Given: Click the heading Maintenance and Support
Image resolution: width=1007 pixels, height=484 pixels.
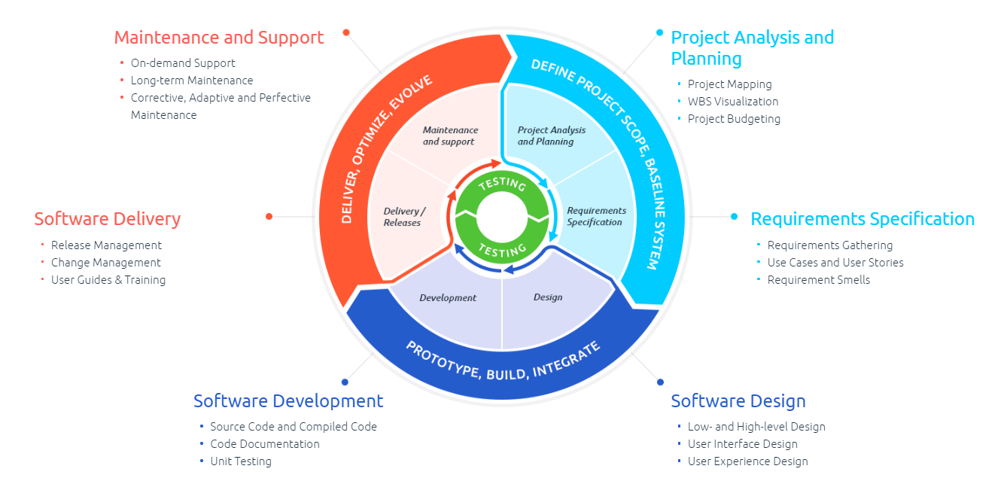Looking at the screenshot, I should point(218,38).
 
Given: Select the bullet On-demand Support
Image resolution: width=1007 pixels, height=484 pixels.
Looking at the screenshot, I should point(183,63).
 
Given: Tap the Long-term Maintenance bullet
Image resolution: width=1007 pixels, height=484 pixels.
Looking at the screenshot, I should point(192,81).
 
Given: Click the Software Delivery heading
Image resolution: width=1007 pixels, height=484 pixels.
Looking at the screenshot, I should point(108,219).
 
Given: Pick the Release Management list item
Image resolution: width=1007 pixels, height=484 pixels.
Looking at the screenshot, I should point(106,245).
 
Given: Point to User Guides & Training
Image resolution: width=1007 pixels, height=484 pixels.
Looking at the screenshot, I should point(108,280).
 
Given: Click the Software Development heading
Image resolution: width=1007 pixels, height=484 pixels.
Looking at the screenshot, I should point(288,401).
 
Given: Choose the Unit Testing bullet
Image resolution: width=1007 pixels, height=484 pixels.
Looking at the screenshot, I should point(241,461).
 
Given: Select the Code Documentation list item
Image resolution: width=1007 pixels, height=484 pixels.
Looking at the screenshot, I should point(265,444).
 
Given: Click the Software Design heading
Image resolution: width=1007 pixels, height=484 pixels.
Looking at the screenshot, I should point(738,401).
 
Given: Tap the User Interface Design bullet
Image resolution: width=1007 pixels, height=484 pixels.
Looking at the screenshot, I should point(743,444).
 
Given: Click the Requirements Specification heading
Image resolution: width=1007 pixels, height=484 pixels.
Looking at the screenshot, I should point(862,219).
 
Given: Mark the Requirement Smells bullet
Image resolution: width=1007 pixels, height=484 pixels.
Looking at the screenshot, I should point(819,280).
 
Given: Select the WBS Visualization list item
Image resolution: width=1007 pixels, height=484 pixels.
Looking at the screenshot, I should point(733,102).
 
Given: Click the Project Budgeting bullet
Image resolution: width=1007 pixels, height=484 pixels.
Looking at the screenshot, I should point(734,119).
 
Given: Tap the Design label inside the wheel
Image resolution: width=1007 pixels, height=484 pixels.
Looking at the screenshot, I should point(548,297).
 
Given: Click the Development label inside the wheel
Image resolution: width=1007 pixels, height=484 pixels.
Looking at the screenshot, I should point(448,298).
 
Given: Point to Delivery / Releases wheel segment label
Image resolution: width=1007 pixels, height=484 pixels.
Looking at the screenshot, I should point(403,217).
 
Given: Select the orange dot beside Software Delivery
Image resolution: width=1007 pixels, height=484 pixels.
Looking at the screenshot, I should point(269,217).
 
